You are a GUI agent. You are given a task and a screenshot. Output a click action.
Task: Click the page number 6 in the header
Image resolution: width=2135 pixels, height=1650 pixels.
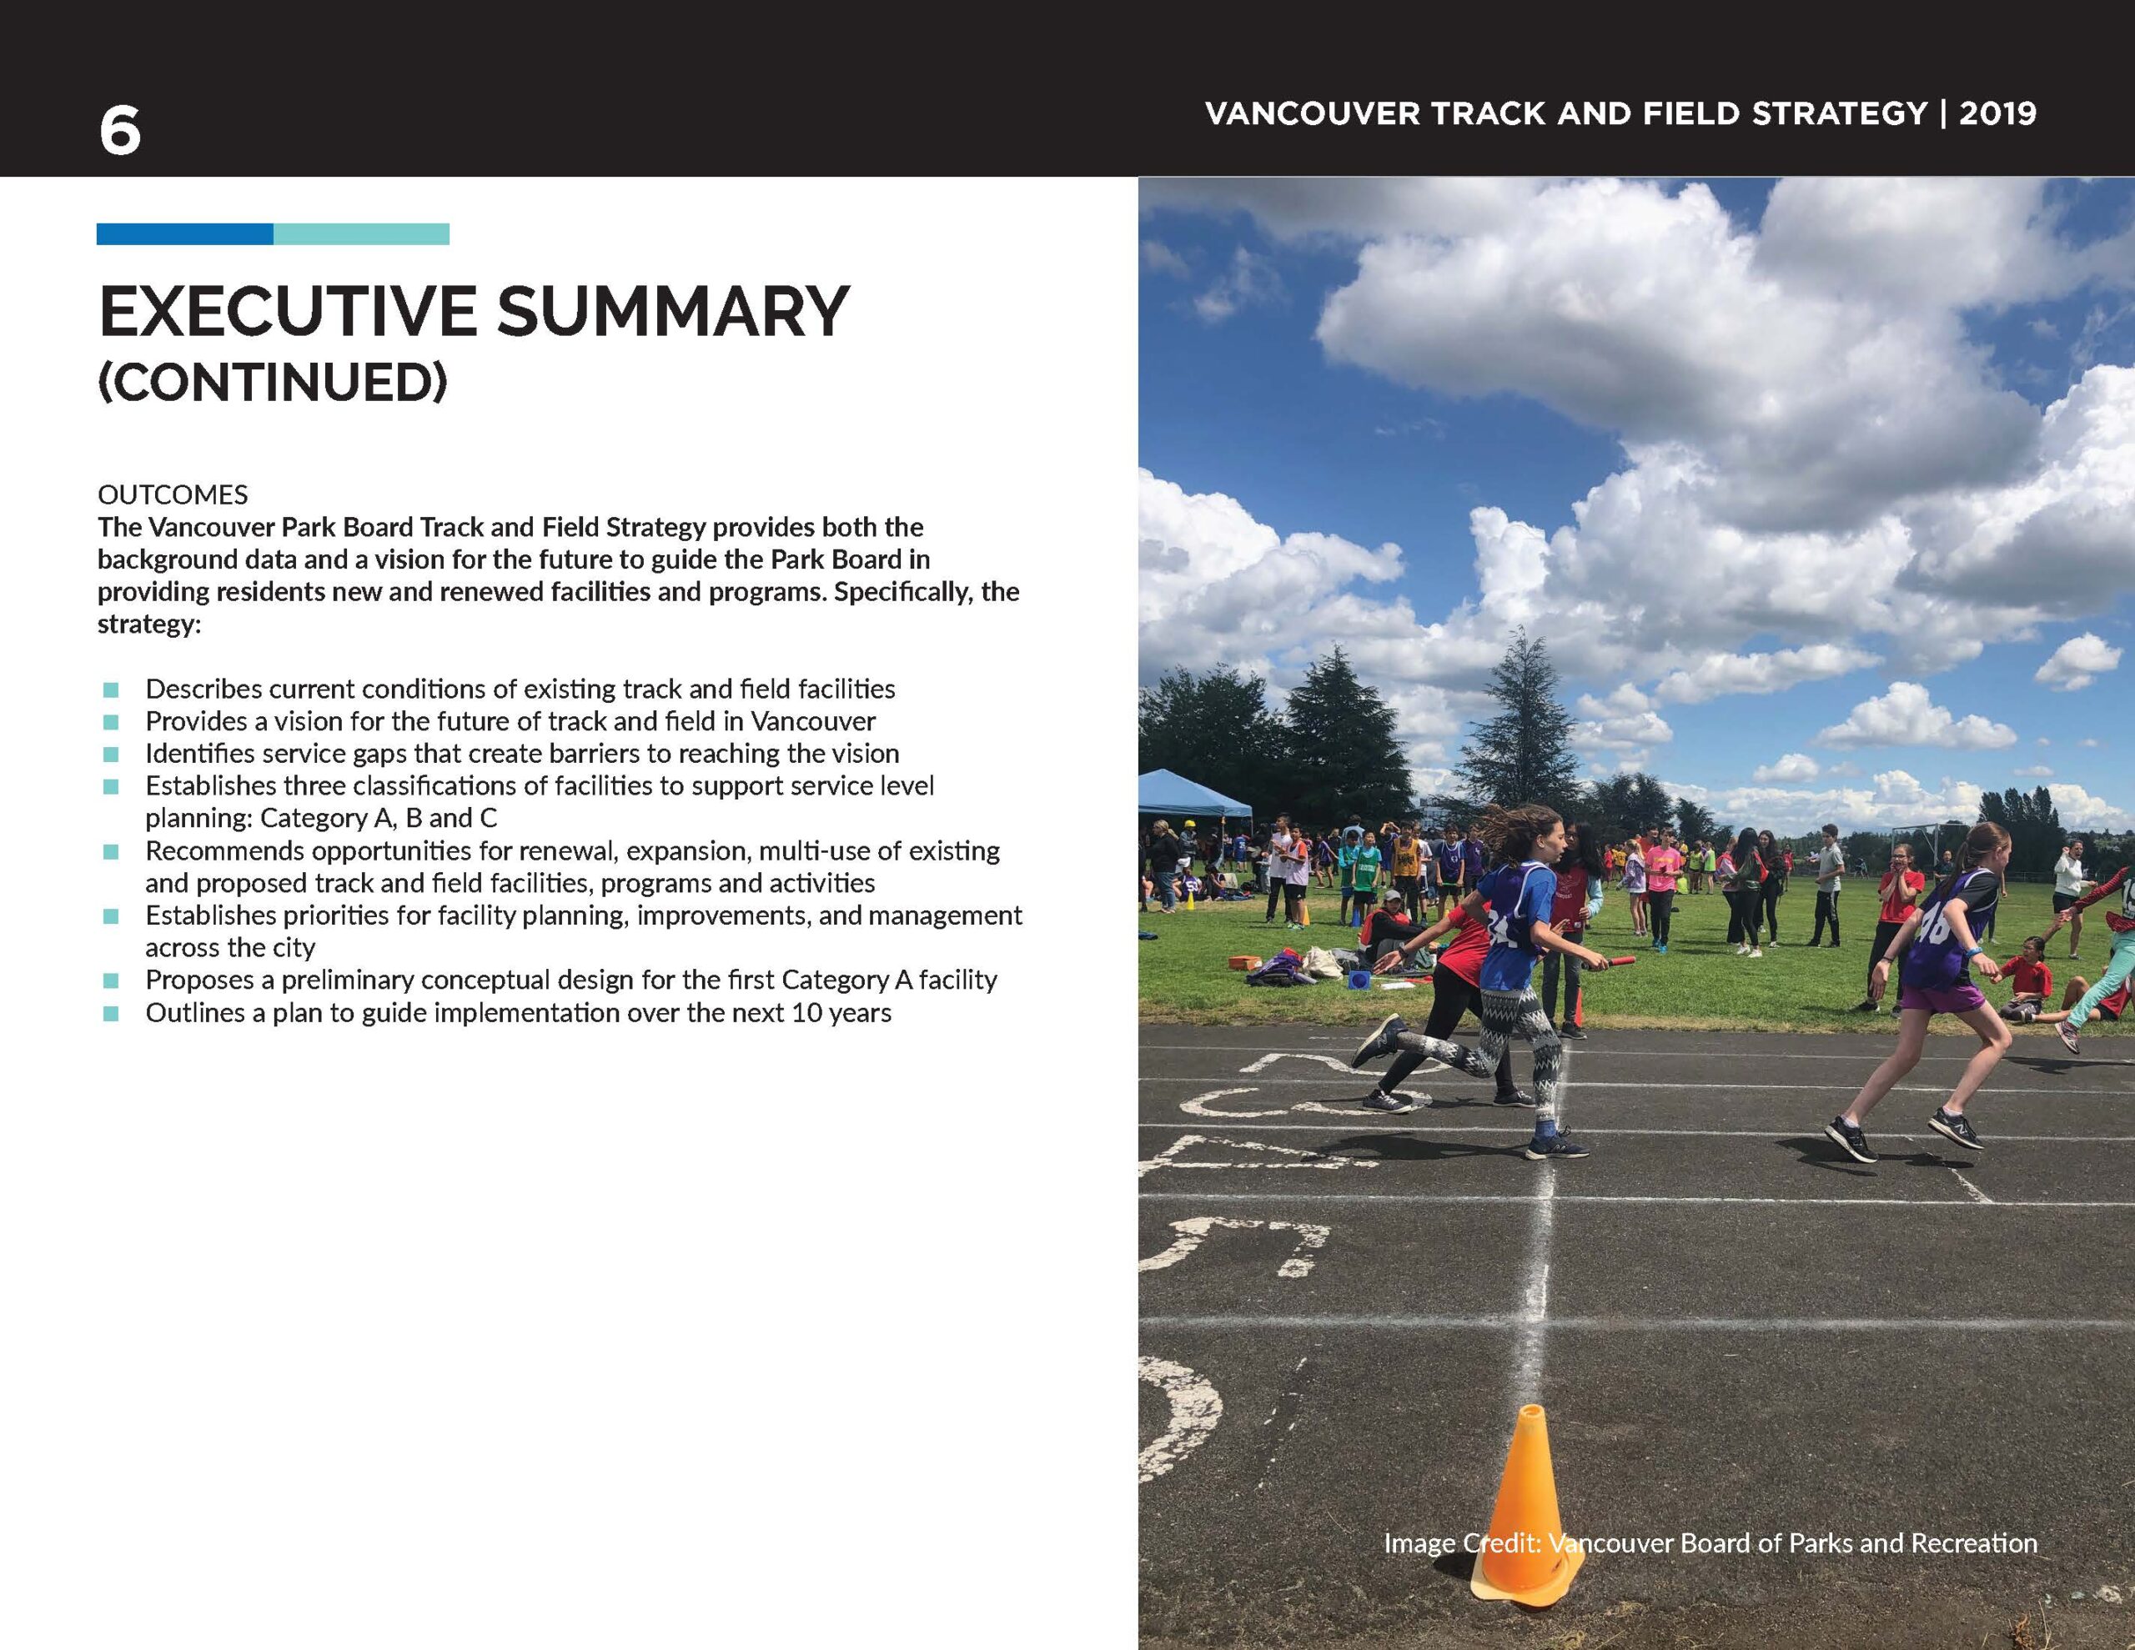[119, 132]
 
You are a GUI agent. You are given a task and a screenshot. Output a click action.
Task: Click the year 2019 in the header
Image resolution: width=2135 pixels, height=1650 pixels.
[1997, 114]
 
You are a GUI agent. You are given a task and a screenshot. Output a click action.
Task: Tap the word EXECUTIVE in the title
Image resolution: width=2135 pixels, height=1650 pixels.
[289, 313]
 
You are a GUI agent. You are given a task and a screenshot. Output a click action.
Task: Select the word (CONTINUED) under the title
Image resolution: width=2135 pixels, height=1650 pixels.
[273, 382]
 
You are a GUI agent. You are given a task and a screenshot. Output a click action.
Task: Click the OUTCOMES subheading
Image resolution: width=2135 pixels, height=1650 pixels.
[173, 494]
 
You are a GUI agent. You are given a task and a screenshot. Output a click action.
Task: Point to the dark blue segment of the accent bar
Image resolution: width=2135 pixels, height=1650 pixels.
[185, 234]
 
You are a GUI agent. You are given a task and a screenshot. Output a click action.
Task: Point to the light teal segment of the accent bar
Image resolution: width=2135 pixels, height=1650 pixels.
[362, 234]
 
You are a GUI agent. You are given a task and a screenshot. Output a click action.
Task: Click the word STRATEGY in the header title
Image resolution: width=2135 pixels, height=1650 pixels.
[1839, 114]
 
